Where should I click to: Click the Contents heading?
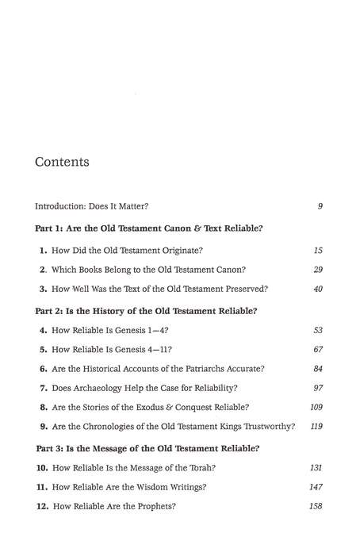pos(62,163)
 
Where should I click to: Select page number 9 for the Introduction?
pos(319,206)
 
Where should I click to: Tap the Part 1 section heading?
pos(149,228)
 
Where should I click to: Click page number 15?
pos(317,251)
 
